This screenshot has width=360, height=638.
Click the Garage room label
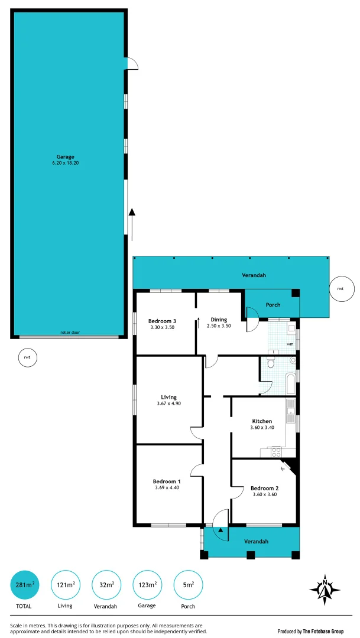(65, 157)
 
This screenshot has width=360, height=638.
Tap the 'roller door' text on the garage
(69, 333)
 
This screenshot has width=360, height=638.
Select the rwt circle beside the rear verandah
(340, 289)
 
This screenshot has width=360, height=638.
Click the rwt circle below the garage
(27, 357)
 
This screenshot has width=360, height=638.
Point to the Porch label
(273, 305)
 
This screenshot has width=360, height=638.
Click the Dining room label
(219, 320)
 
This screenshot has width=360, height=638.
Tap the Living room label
(169, 397)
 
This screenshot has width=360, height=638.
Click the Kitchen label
(262, 421)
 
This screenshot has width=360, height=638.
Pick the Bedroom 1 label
(167, 481)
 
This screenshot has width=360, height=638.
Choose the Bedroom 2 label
(264, 488)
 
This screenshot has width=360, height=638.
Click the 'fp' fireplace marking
(283, 468)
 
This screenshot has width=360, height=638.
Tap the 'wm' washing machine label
(290, 343)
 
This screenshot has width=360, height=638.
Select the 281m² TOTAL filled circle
(25, 585)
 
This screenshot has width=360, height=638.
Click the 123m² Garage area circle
(147, 585)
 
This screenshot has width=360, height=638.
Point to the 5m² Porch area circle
(187, 585)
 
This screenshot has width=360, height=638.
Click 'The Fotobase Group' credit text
(327, 631)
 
